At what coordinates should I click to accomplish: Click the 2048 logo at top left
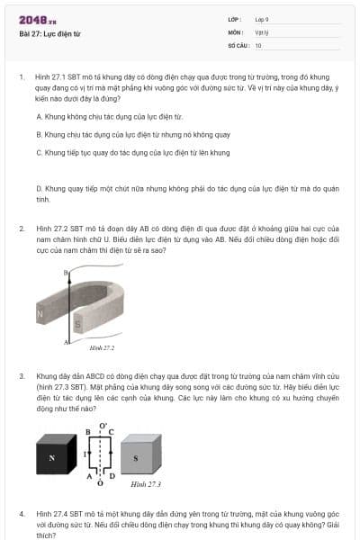(x=37, y=20)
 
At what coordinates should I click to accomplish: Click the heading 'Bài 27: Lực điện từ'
(x=49, y=34)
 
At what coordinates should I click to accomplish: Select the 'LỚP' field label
(x=233, y=19)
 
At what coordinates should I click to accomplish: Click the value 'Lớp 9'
(x=261, y=19)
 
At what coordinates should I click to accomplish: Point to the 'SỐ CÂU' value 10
(x=258, y=44)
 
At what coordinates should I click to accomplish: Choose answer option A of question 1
(x=109, y=116)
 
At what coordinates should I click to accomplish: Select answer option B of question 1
(x=133, y=134)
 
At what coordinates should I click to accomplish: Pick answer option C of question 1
(x=132, y=152)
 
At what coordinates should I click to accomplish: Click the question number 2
(x=22, y=229)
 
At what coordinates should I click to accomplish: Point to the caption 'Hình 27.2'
(x=102, y=347)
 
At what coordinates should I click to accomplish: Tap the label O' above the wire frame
(x=101, y=422)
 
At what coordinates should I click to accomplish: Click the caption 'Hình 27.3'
(x=145, y=484)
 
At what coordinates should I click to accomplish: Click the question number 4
(x=22, y=512)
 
